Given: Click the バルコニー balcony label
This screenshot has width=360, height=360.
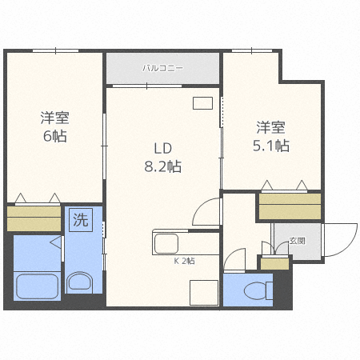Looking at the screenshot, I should [x=163, y=69].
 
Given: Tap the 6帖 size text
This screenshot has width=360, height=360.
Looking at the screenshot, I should [x=54, y=137].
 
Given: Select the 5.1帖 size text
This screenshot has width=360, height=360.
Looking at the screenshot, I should [x=270, y=146].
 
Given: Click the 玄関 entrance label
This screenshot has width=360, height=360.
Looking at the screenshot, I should [x=298, y=240].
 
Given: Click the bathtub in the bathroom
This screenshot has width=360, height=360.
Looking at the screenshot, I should [x=38, y=285].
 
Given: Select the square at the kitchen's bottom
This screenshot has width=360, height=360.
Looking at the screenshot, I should [x=204, y=293].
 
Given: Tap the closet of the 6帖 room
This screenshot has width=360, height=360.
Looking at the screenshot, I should [x=34, y=218].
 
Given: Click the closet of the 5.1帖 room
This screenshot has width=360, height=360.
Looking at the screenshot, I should [x=290, y=206].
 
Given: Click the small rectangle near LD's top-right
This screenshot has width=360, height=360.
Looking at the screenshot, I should [x=202, y=103].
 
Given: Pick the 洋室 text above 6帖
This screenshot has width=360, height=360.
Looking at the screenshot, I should [x=54, y=118].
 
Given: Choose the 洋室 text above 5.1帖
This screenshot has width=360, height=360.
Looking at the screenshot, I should [x=270, y=127].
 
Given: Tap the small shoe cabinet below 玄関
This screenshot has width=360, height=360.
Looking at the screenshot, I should [x=275, y=263].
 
